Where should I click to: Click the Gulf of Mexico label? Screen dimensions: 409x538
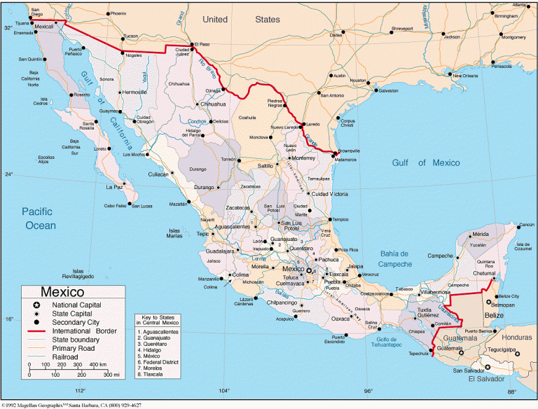click(426, 162)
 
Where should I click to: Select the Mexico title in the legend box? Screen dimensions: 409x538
click(62, 292)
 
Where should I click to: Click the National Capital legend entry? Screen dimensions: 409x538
click(72, 305)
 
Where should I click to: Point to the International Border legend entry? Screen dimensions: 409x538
click(81, 331)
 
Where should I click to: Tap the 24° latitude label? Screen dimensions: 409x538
click(8, 174)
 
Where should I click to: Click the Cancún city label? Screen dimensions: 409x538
click(527, 225)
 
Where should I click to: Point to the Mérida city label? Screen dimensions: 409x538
click(480, 234)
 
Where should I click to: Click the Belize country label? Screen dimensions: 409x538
click(494, 316)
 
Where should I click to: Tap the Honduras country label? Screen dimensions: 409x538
click(515, 337)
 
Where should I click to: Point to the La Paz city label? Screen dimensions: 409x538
click(113, 187)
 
